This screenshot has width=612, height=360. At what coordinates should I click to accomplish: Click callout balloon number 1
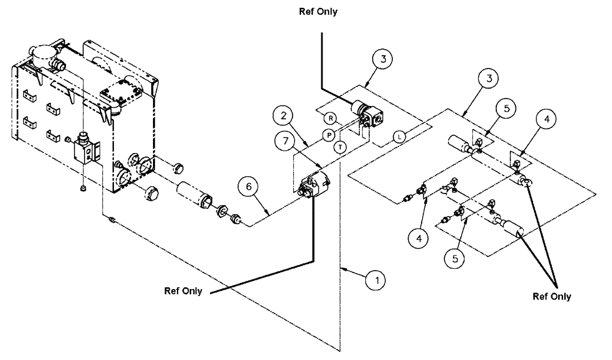click(375, 280)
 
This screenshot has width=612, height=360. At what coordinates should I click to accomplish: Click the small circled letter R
click(330, 118)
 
